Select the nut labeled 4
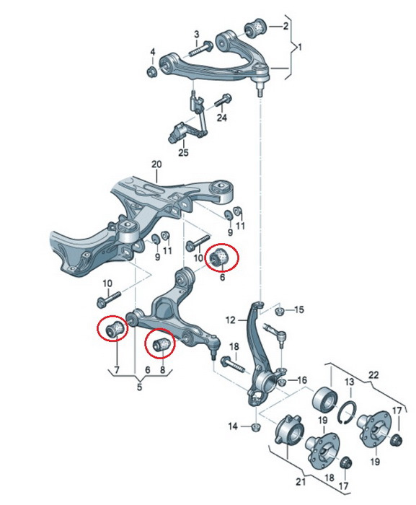coord(151,71)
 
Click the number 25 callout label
coord(183,152)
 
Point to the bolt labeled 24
coord(223,100)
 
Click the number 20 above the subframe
coord(156,164)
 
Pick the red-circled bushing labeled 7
coord(115,328)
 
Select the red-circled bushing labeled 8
coord(163,343)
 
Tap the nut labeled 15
coord(280,312)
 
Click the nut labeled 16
coord(282,382)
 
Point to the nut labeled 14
coord(255,427)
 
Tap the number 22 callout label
coord(373,375)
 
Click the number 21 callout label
coord(300,482)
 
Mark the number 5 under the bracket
coord(139,387)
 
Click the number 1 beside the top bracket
coord(300,48)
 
